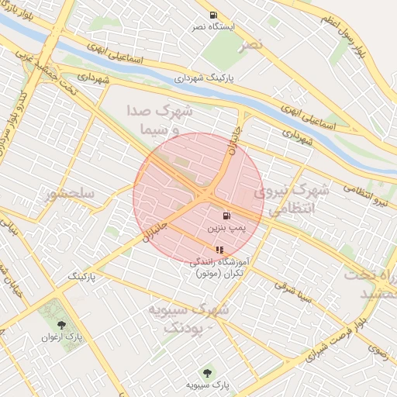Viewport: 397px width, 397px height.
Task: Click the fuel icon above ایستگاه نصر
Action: [213, 16]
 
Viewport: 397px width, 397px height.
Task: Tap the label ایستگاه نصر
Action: [213, 27]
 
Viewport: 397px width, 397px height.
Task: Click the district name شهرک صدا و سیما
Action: [165, 120]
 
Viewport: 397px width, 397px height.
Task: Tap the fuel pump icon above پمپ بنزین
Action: [226, 216]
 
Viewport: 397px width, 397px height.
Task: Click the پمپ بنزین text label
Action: [226, 230]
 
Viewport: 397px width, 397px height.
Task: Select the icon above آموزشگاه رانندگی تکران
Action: [219, 250]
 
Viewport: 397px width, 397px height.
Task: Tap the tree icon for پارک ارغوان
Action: [62, 325]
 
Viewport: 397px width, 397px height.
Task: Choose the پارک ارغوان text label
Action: [62, 338]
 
